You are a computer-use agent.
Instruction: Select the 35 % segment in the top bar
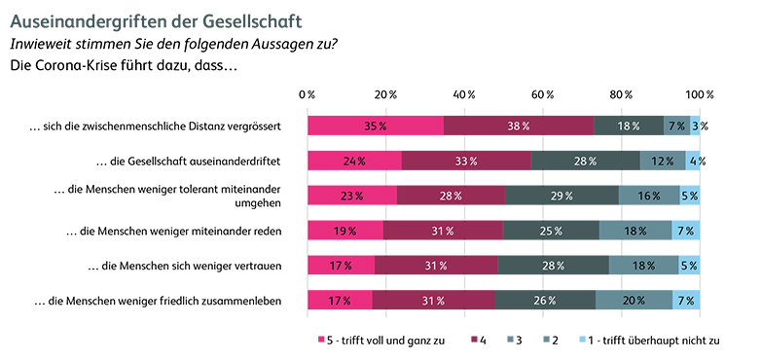pos(376,126)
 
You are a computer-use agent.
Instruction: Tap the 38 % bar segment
pos(519,126)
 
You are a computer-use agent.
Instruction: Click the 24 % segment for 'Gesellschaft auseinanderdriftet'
pos(354,161)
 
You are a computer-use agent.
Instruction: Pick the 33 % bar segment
pos(466,161)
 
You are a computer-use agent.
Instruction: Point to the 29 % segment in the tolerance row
pos(562,196)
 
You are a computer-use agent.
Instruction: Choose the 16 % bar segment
pos(649,196)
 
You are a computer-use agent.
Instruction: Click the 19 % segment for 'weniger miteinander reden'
pos(345,231)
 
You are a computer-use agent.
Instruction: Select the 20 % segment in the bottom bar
pos(634,301)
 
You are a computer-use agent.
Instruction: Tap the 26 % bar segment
pos(545,301)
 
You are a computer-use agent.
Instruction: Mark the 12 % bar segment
pos(662,161)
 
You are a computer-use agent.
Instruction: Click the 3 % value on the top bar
pos(699,126)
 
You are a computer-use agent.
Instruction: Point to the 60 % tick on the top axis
pos(543,94)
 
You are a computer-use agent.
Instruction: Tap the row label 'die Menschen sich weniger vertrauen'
pos(185,266)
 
